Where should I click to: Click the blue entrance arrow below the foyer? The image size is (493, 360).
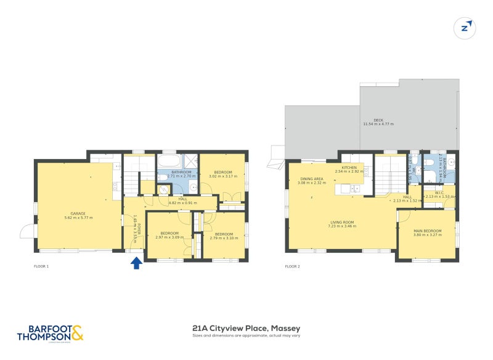136,263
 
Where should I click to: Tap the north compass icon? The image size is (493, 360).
465,28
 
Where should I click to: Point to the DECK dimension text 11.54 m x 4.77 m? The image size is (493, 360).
378,124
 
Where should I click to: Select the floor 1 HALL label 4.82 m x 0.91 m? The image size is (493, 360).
182,201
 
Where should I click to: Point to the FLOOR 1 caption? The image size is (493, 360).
41,266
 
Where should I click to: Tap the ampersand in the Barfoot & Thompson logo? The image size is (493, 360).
77,333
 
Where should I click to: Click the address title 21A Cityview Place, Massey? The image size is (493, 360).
246,329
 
